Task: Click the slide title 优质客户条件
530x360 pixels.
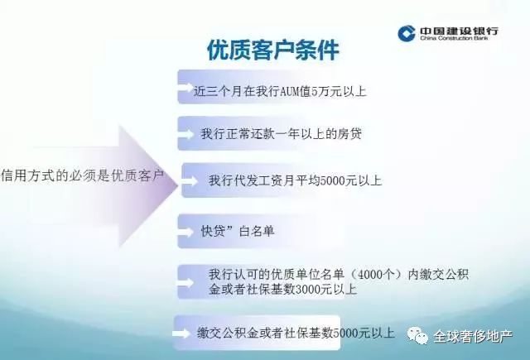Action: click(273, 50)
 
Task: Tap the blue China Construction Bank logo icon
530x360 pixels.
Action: click(407, 33)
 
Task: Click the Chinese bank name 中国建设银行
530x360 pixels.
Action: click(459, 31)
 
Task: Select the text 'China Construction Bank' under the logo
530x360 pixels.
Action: click(454, 38)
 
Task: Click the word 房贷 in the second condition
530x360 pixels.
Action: click(349, 134)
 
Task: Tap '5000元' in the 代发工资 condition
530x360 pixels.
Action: click(338, 180)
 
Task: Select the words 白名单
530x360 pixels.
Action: click(257, 232)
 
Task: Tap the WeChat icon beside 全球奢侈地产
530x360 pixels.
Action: click(417, 335)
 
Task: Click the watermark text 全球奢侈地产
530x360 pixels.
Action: click(473, 336)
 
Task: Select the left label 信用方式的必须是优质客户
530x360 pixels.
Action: click(82, 175)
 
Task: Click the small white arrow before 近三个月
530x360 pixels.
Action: click(185, 89)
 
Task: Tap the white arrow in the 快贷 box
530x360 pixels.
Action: click(185, 232)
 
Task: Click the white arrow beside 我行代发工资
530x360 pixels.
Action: click(190, 181)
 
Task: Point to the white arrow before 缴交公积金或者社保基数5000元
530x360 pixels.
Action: click(181, 334)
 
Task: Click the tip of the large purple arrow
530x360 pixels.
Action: click(178, 185)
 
